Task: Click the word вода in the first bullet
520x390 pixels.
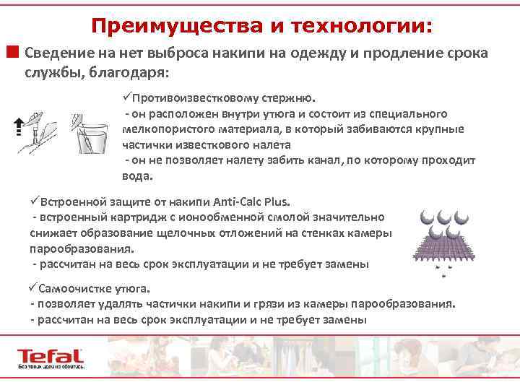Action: (x=135, y=175)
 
